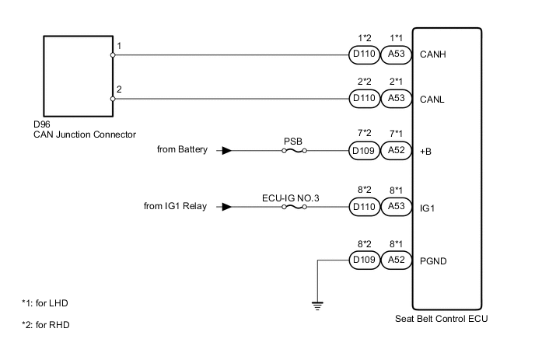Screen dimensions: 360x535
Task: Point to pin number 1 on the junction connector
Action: click(119, 47)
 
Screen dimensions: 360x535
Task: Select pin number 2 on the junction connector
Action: click(119, 90)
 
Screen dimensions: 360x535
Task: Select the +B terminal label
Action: click(427, 152)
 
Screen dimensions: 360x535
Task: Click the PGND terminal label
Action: click(434, 260)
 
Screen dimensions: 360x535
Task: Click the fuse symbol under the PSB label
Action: click(293, 151)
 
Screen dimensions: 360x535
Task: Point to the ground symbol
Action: click(317, 306)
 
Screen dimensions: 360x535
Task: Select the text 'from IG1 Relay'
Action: click(176, 207)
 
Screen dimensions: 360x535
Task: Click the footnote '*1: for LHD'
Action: click(45, 302)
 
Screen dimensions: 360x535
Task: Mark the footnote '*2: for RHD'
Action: click(45, 325)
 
